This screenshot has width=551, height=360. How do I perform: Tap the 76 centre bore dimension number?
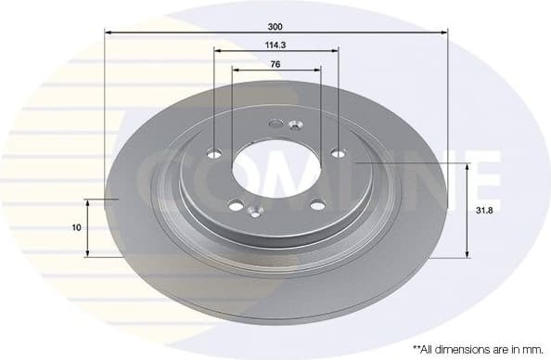point(275,64)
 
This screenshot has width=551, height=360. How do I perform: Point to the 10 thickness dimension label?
point(76,226)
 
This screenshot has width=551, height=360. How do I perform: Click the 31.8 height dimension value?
point(481,211)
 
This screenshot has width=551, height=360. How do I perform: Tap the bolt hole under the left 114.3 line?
point(215,155)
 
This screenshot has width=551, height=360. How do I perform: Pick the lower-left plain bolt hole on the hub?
point(236,206)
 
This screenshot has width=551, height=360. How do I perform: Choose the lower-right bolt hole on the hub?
point(316,205)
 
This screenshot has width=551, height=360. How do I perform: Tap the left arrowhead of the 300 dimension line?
point(108,32)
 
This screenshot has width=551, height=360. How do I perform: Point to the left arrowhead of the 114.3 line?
point(218,50)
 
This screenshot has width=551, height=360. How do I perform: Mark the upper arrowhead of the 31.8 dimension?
point(467,166)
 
